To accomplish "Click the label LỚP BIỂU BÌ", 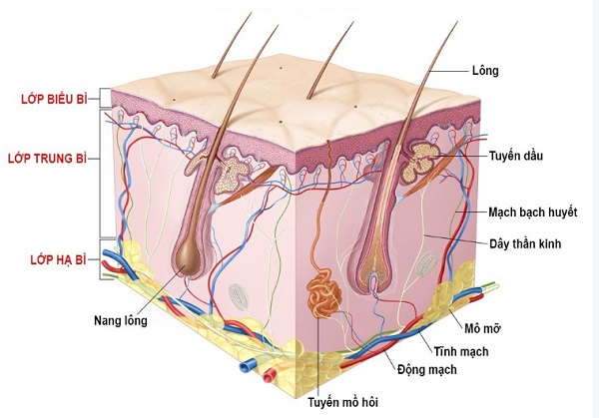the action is (x=54, y=99).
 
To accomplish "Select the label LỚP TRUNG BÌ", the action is (x=47, y=158).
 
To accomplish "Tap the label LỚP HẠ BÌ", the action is (x=59, y=259).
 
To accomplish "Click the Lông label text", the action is (x=485, y=71).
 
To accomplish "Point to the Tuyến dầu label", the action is (x=516, y=156).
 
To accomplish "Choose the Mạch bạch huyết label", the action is (x=532, y=212).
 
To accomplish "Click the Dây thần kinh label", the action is (x=525, y=243).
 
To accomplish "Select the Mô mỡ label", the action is (x=482, y=328).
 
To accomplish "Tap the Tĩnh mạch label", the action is (x=460, y=351).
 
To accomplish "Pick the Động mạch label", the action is (x=426, y=369).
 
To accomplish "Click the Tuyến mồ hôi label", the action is (x=343, y=402).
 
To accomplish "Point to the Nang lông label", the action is (x=121, y=320).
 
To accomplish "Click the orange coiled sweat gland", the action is (x=324, y=293).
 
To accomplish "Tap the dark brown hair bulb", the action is (x=188, y=258).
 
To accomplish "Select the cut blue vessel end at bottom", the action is (x=245, y=367).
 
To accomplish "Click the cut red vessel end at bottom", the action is (x=269, y=376).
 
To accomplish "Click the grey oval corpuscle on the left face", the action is (x=239, y=297).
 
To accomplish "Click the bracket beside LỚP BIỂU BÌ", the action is (x=103, y=98).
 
